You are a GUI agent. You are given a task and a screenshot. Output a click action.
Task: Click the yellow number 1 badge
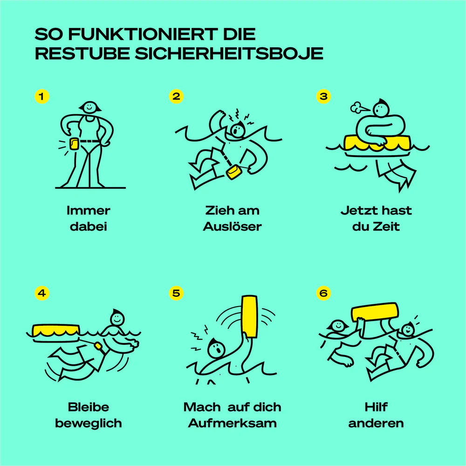coord(42,96)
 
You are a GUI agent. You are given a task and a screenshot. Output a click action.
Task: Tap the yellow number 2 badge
coord(176,96)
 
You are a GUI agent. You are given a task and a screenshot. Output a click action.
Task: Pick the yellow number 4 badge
coord(42,293)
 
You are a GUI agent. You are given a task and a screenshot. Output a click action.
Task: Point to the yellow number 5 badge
coord(176,293)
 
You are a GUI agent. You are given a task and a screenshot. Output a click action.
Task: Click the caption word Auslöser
coord(232,227)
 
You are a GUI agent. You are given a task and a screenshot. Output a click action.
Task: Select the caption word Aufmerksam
coord(232,424)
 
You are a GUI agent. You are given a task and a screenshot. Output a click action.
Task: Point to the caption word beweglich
coord(89,424)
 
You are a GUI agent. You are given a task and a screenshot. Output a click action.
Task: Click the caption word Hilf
coord(376,407)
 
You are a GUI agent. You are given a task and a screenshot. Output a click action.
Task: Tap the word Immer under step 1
coord(89,211)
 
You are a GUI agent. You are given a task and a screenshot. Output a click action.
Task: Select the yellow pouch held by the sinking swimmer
coord(233,172)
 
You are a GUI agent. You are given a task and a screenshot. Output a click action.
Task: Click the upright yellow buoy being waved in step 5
coord(250,316)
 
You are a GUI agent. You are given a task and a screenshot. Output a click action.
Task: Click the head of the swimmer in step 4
coord(117,318)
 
